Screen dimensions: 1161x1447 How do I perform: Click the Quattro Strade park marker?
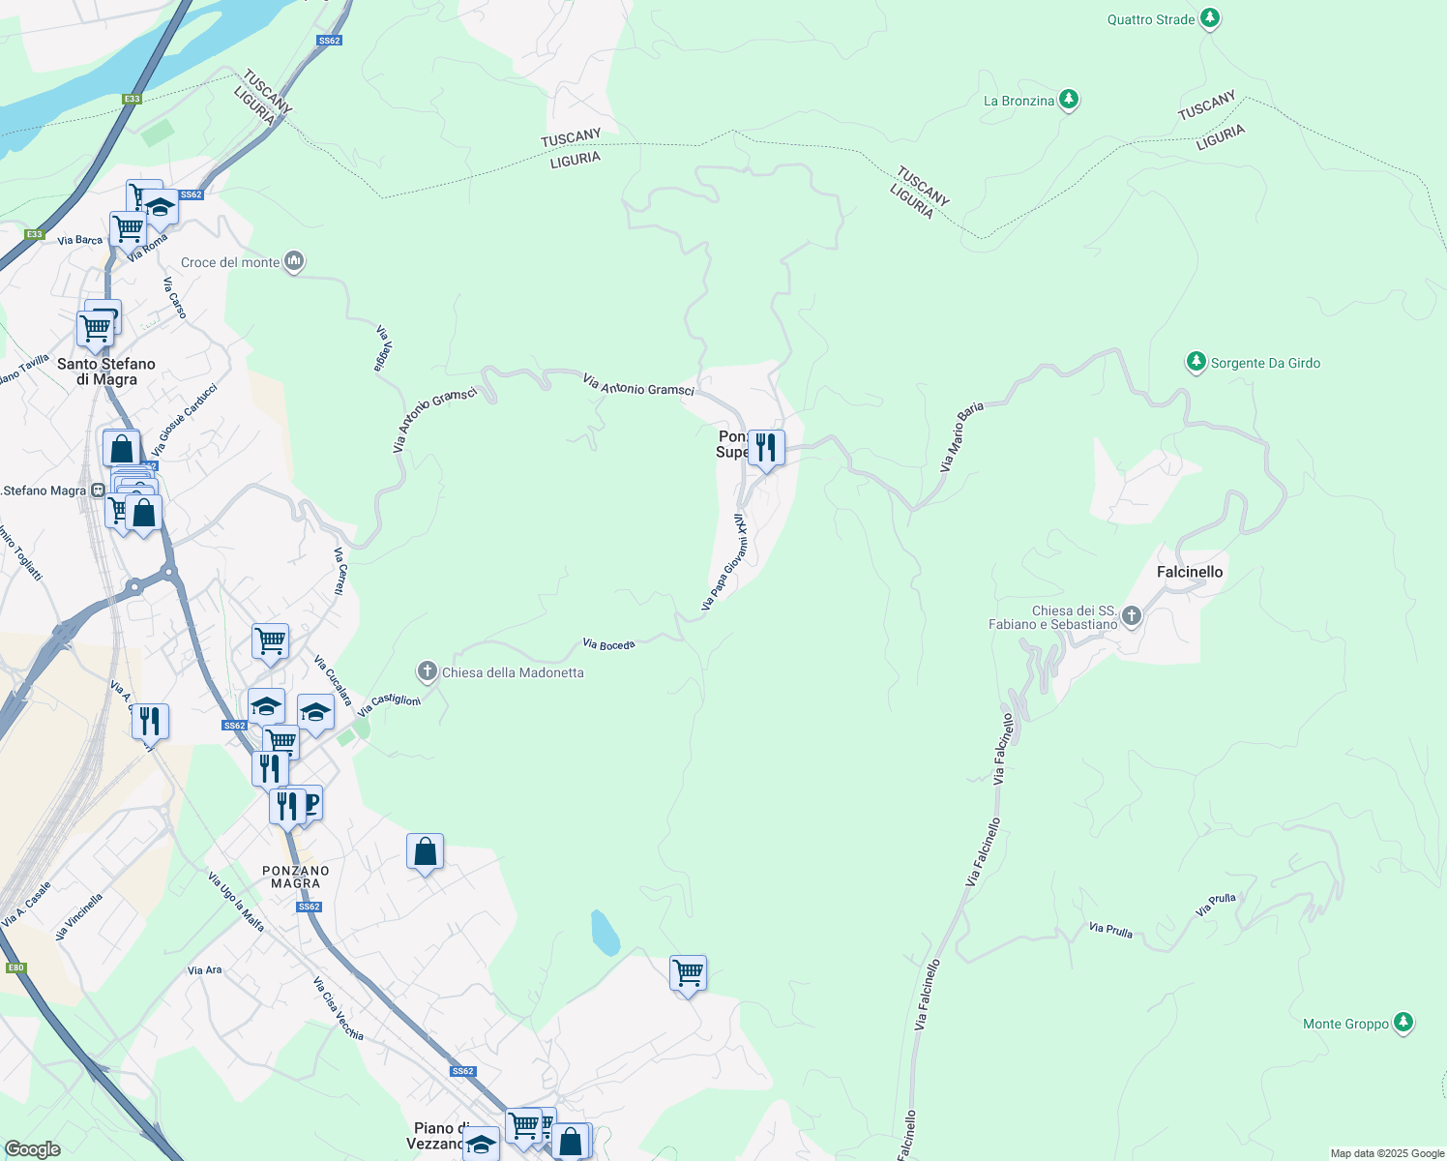coord(1209,18)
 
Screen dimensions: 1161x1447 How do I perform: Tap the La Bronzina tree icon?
coord(1068,100)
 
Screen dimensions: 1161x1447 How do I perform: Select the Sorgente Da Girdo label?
coord(1265,363)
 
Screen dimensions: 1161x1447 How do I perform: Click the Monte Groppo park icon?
coord(1403,1023)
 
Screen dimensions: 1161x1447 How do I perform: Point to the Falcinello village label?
coord(1190,572)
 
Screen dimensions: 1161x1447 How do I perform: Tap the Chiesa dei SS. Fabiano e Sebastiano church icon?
coord(1131,615)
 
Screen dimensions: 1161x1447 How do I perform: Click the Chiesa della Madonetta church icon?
coord(428,671)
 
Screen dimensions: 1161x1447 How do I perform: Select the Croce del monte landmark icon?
coord(295,261)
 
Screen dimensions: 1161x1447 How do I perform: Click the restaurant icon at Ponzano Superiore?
coord(766,448)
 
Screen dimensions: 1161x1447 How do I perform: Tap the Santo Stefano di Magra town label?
coord(106,372)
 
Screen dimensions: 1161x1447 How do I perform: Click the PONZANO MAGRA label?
coord(296,877)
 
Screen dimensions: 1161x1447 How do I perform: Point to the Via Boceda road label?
coord(608,644)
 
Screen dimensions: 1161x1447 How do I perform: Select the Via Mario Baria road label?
coord(961,437)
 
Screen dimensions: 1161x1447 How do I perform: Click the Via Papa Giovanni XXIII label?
coord(725,562)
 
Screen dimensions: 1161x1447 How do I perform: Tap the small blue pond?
coord(605,933)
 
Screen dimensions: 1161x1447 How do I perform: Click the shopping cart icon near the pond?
coord(688,972)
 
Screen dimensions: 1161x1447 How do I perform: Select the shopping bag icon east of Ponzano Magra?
coord(425,851)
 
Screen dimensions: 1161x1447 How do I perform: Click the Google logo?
coord(32,1149)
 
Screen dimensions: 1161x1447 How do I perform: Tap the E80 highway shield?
coord(15,967)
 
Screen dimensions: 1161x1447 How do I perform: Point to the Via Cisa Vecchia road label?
coord(338,1009)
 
